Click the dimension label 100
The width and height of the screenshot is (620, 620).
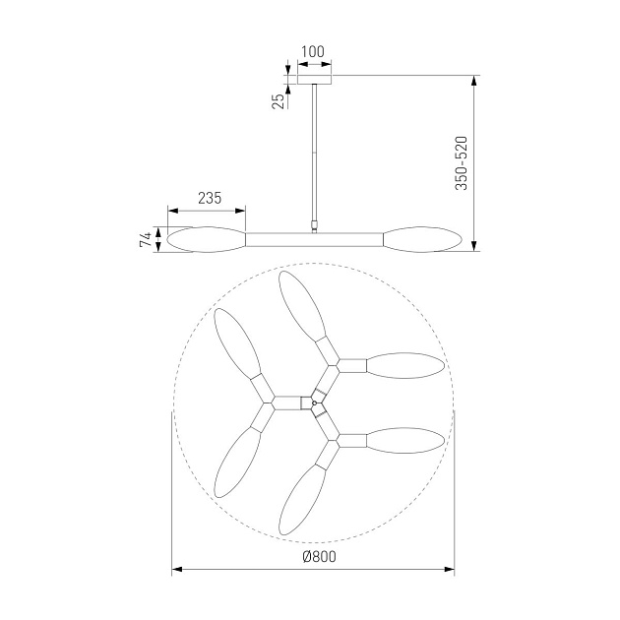tap(312, 52)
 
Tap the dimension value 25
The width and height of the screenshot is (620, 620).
tap(279, 101)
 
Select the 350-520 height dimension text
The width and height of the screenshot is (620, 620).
tap(462, 163)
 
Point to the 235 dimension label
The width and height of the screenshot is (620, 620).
tap(210, 198)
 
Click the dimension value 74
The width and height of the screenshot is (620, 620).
tap(146, 239)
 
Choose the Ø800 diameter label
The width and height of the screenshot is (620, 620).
tap(319, 557)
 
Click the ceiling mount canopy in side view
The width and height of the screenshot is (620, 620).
tap(314, 79)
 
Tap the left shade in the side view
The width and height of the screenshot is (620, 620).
tap(207, 239)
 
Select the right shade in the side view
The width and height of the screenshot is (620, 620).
tap(422, 239)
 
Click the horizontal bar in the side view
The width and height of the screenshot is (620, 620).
tap(314, 239)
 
